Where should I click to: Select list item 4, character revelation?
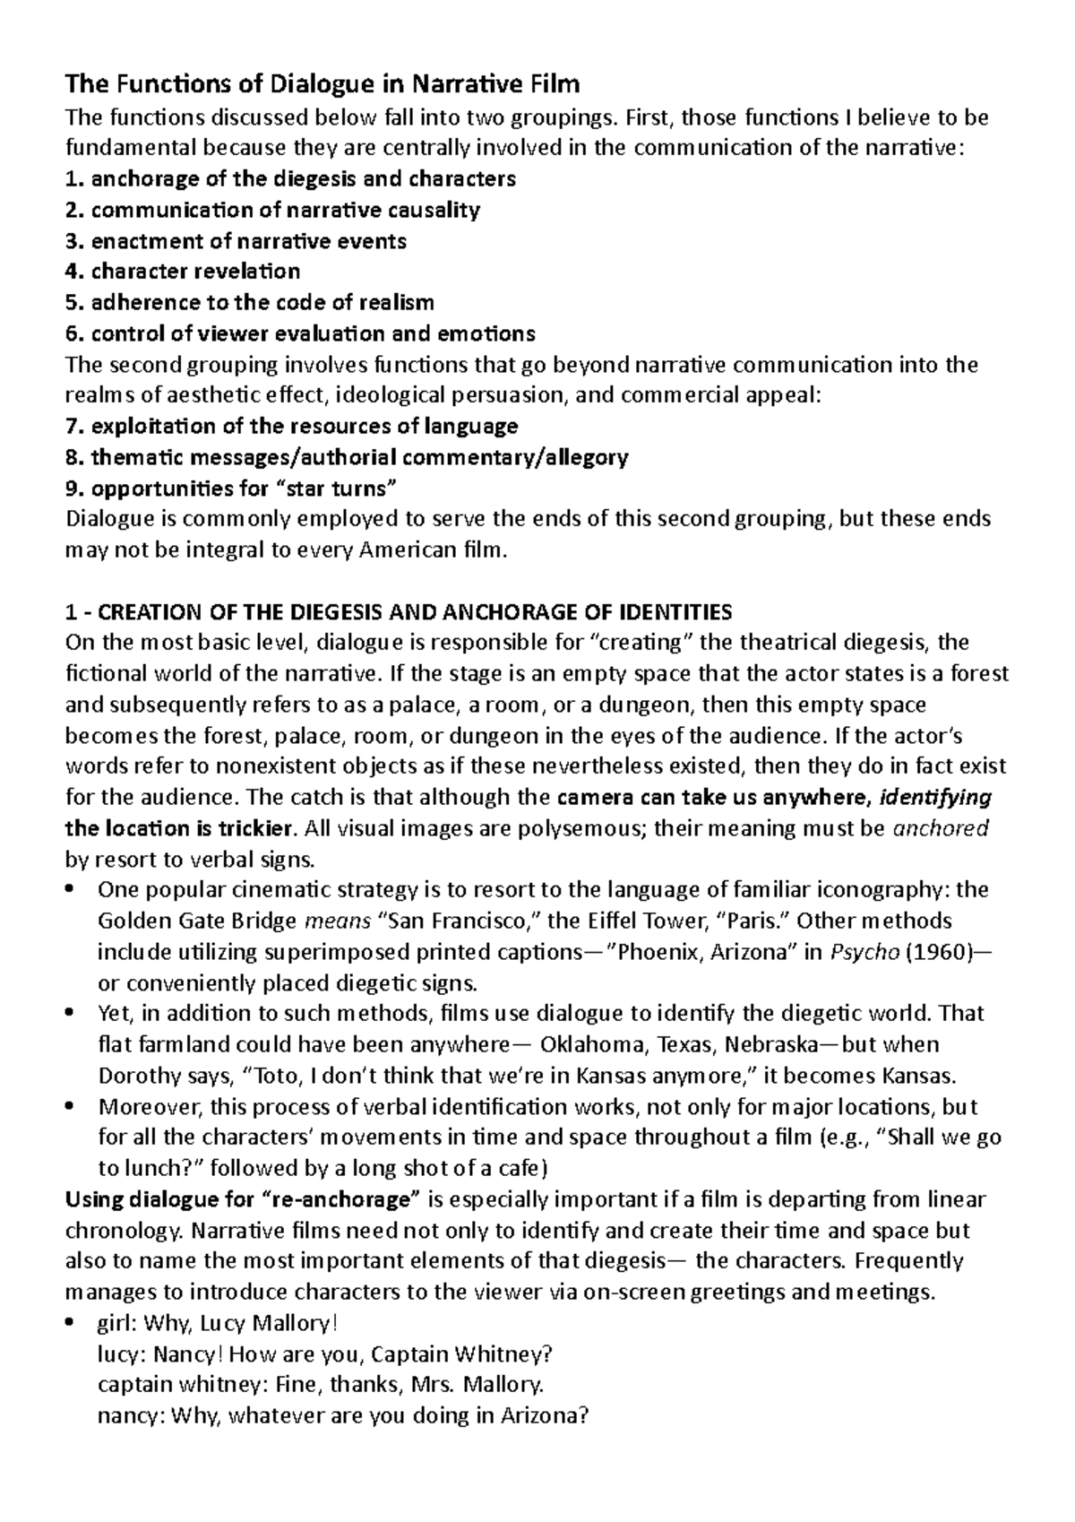click(x=184, y=271)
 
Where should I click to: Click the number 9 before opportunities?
click(x=72, y=488)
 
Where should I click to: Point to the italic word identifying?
click(x=937, y=797)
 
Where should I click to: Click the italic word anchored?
click(x=941, y=828)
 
